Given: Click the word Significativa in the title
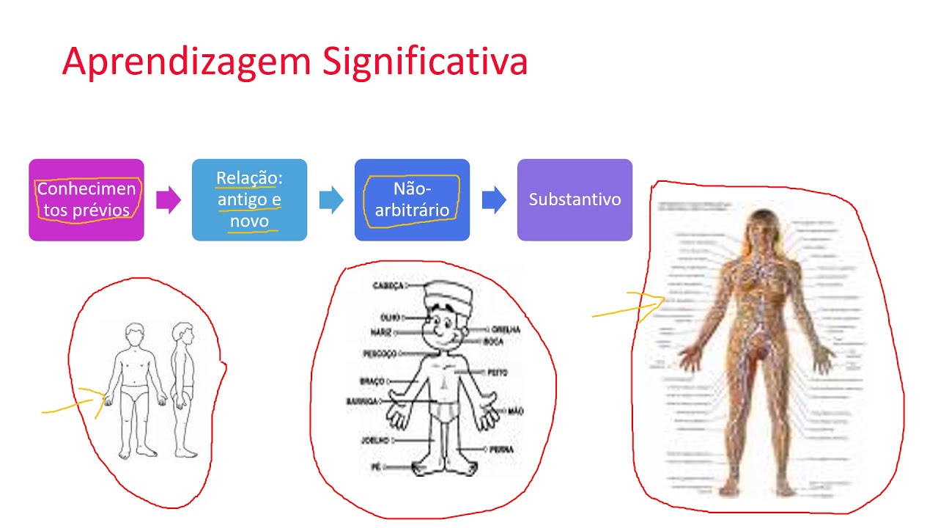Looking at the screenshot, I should (425, 62).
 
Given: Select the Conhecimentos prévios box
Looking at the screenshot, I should (86, 199).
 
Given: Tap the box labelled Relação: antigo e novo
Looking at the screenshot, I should (249, 199).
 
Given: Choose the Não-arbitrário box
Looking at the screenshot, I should (412, 199).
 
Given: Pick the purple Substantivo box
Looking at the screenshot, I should (575, 199).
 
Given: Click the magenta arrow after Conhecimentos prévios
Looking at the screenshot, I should (169, 199).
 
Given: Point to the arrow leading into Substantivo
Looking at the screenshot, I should (494, 199).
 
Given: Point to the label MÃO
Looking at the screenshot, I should (515, 412).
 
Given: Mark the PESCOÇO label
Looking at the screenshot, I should (380, 353).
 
